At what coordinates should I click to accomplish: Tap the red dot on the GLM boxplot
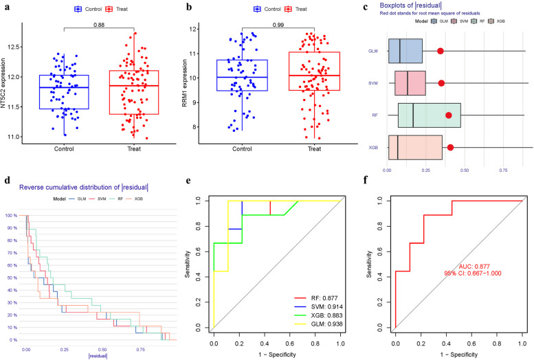[x=440, y=51]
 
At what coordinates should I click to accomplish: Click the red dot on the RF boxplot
[x=449, y=115]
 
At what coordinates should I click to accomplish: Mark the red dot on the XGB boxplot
[x=450, y=147]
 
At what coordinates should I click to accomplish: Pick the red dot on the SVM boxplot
[x=441, y=83]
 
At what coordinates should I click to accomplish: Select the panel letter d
[x=6, y=182]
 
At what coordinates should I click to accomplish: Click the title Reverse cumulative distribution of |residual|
[x=84, y=187]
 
